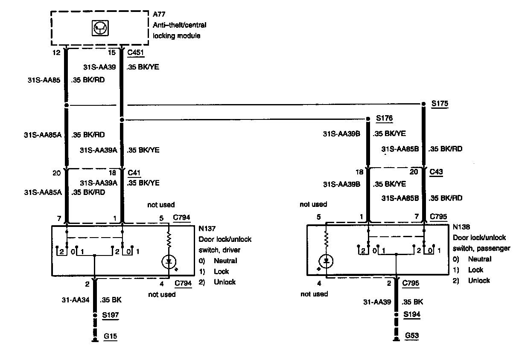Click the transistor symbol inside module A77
[100, 28]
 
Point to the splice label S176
[384, 118]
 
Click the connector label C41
[134, 172]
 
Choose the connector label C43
[437, 172]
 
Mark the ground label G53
[411, 336]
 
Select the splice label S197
[111, 315]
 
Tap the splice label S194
[411, 315]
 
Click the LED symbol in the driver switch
[169, 260]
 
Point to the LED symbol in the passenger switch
[327, 261]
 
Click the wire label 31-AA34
[76, 300]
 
